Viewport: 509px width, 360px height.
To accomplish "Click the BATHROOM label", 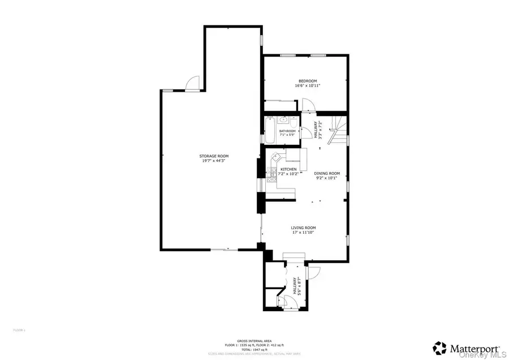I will (x=287, y=131).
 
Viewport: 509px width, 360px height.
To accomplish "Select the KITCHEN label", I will (x=289, y=169).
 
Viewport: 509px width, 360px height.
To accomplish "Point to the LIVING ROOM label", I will (x=303, y=228).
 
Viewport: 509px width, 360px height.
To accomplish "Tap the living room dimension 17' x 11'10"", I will (x=303, y=233).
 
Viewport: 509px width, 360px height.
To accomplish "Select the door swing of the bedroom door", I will (x=308, y=104).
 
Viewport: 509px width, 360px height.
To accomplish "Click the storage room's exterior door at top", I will (x=194, y=84).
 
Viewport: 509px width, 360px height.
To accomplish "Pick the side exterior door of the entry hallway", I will (x=314, y=272).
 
